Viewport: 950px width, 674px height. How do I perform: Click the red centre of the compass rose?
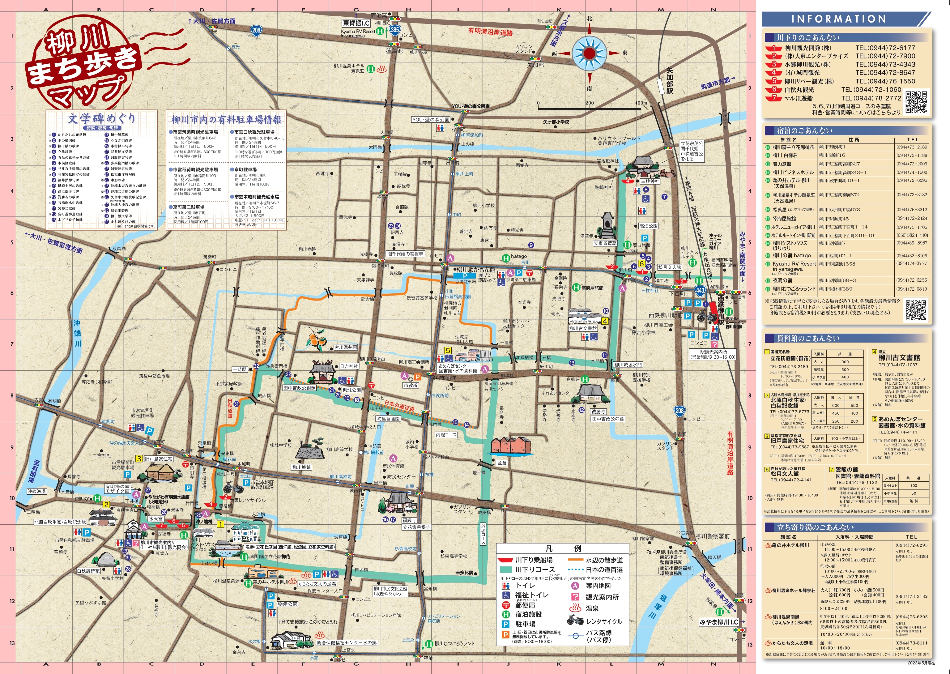[x=589, y=53]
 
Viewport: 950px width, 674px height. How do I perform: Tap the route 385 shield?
[x=395, y=29]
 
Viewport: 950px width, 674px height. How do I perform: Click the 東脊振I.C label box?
[x=356, y=23]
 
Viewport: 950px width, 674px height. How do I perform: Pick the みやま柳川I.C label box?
[x=719, y=622]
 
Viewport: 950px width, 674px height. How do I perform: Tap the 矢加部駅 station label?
[x=669, y=81]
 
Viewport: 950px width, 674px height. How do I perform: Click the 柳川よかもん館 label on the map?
[x=476, y=270]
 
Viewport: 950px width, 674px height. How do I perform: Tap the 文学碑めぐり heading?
[x=102, y=119]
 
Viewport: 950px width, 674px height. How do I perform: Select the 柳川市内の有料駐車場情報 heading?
[x=226, y=120]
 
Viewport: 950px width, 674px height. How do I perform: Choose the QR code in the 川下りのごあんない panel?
[x=916, y=102]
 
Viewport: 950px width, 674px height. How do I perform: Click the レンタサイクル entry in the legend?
[x=603, y=621]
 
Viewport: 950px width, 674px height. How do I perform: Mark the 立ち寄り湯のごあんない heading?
[x=815, y=527]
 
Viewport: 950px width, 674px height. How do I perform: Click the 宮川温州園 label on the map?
[x=346, y=348]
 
